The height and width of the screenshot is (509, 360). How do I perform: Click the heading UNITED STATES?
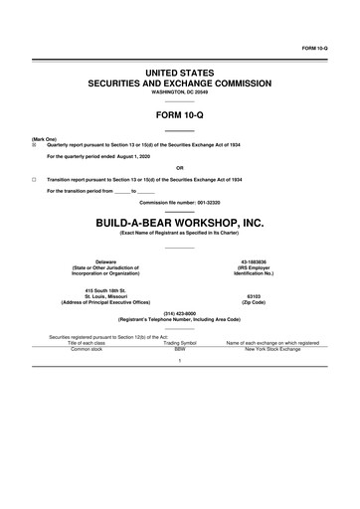tap(180, 74)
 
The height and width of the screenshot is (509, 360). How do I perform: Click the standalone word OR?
tap(180, 167)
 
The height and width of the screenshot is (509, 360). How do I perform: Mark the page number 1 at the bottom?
tap(180, 361)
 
